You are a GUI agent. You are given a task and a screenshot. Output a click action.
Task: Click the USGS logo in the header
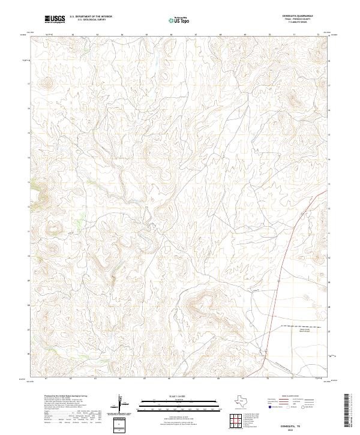[55, 19]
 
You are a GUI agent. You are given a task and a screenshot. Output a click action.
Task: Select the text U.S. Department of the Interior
[91, 17]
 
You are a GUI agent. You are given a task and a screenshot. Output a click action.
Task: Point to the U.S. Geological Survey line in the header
[91, 20]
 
